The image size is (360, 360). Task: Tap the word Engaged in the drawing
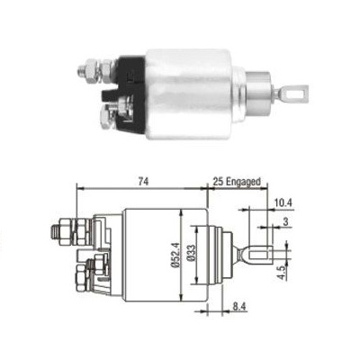243,181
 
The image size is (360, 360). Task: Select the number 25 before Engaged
220,181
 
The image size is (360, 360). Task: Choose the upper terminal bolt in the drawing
65,231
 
